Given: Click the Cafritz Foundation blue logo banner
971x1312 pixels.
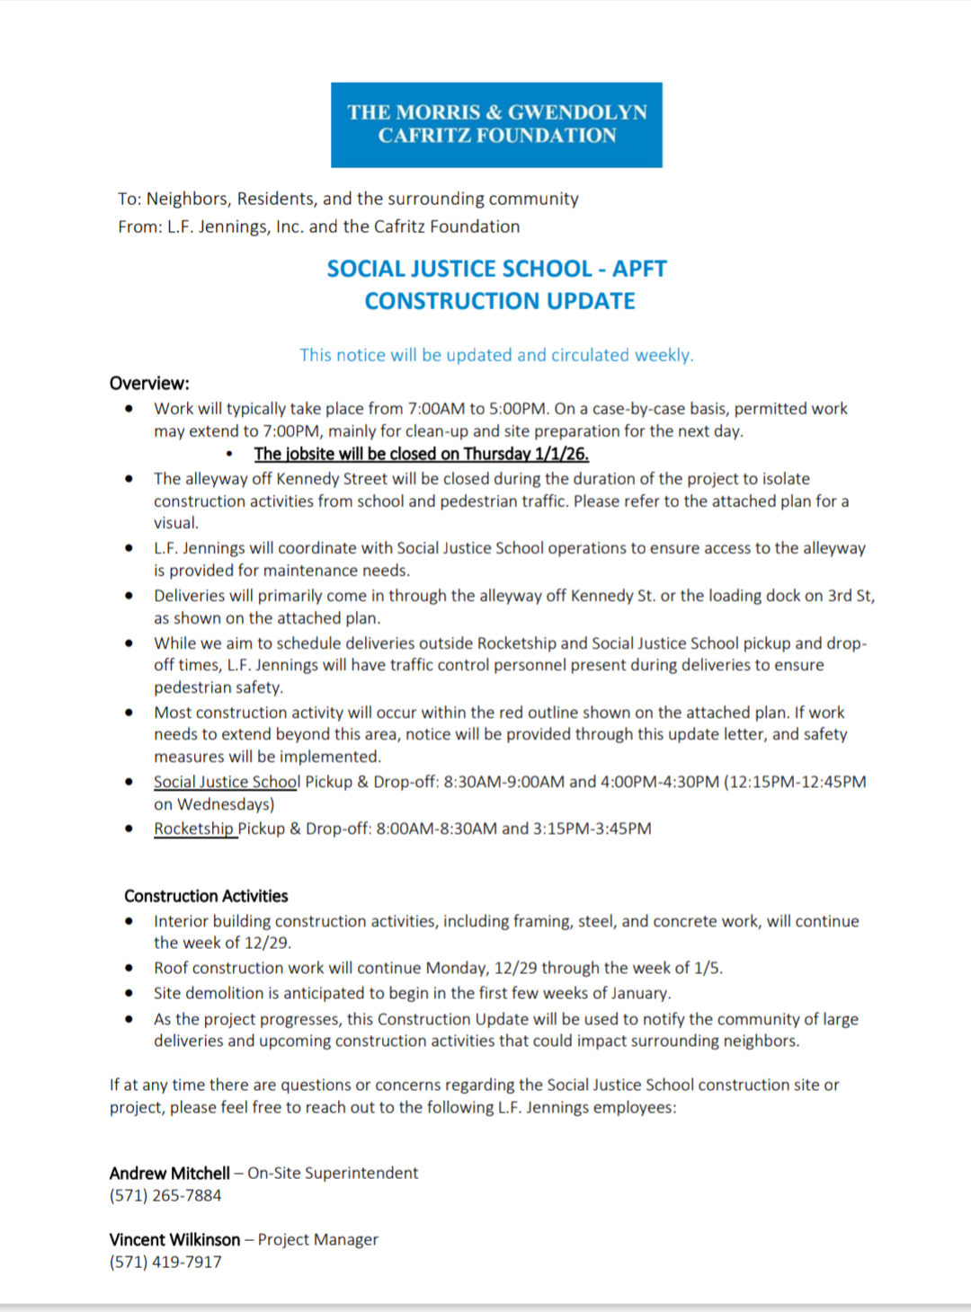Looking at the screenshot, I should pyautogui.click(x=496, y=124).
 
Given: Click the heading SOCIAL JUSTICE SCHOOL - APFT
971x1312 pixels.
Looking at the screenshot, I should pyautogui.click(x=496, y=269).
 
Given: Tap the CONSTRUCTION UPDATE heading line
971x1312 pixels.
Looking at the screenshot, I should pyautogui.click(x=500, y=301).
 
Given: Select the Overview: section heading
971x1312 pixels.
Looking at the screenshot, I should pyautogui.click(x=149, y=384).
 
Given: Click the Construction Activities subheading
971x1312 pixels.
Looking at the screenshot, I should pyautogui.click(x=206, y=896).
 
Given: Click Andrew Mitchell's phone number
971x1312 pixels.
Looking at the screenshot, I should pyautogui.click(x=165, y=1195).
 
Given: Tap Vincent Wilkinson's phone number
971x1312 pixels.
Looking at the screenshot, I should pyautogui.click(x=165, y=1262).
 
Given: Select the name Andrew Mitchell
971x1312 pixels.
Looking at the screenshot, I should pyautogui.click(x=170, y=1173).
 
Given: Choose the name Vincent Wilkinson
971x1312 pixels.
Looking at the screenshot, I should pyautogui.click(x=174, y=1239).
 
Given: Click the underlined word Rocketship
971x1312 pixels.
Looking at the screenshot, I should pyautogui.click(x=193, y=829).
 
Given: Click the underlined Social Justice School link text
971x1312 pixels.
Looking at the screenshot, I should pyautogui.click(x=227, y=782).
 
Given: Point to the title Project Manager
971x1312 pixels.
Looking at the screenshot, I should pyautogui.click(x=318, y=1239).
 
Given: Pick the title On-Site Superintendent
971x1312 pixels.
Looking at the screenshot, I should pyautogui.click(x=333, y=1173).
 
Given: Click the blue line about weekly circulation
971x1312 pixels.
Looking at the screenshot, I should pyautogui.click(x=496, y=355).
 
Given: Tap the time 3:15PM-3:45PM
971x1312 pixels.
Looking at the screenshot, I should pyautogui.click(x=592, y=829).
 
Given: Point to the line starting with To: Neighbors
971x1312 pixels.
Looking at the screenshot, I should pyautogui.click(x=348, y=199).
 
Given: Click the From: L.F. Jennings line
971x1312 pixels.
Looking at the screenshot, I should pyautogui.click(x=318, y=226).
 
